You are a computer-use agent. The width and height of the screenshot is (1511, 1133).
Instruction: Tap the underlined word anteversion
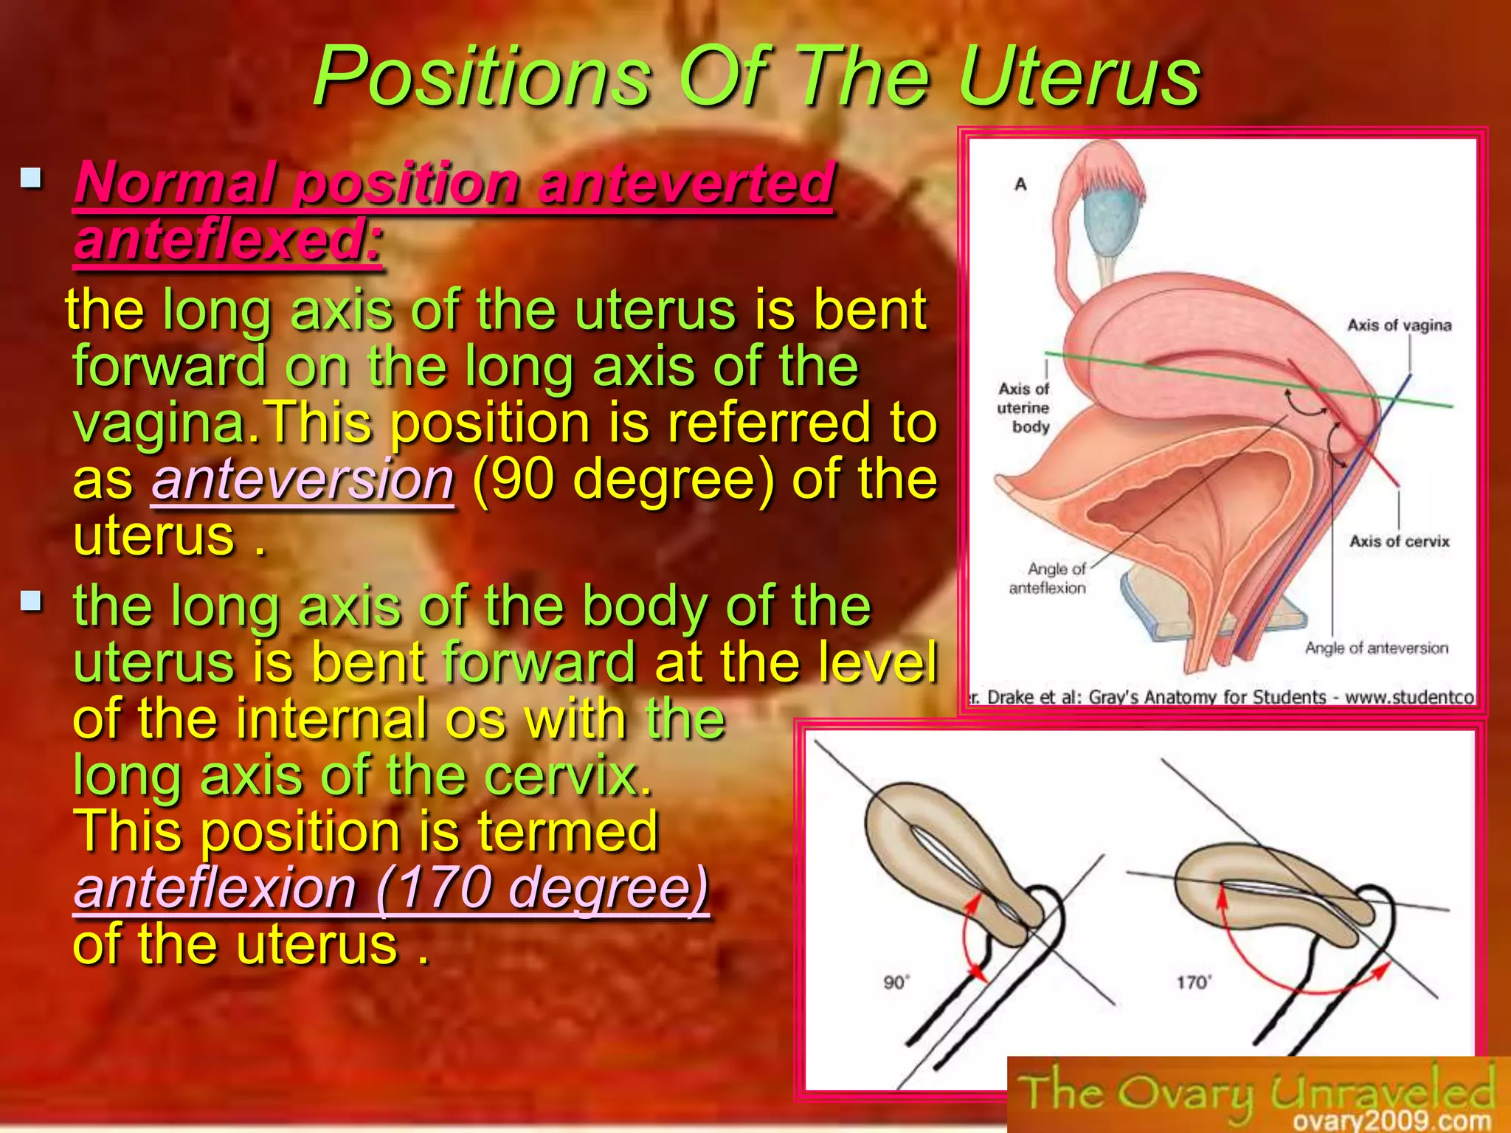click(302, 480)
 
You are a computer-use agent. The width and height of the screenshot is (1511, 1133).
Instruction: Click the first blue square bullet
click(31, 178)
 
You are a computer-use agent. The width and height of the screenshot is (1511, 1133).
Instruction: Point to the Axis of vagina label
click(1399, 325)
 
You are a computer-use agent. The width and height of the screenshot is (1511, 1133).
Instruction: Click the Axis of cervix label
click(1399, 541)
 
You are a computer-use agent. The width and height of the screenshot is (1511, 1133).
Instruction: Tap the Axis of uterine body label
click(1023, 407)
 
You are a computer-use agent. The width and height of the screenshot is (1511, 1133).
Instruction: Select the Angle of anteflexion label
click(1048, 578)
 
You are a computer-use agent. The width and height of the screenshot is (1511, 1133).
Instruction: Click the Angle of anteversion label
click(1376, 648)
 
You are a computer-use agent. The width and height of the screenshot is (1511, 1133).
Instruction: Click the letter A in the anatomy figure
click(1020, 184)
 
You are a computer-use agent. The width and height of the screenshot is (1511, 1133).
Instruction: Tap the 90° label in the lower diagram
click(896, 982)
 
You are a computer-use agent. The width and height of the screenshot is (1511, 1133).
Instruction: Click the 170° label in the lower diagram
click(1193, 982)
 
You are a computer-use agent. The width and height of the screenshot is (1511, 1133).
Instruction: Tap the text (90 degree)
click(623, 480)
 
